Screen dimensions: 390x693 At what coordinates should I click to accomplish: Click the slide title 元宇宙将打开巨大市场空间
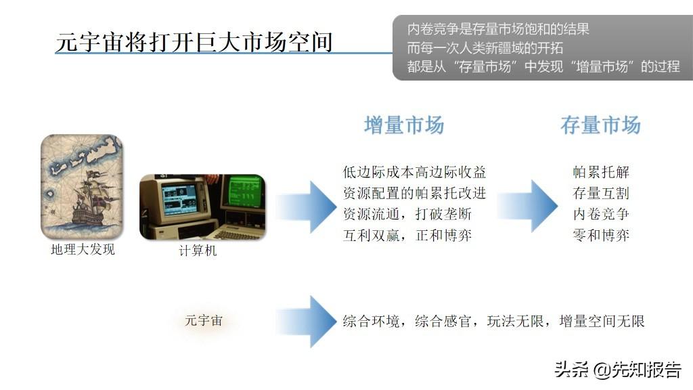click(x=194, y=42)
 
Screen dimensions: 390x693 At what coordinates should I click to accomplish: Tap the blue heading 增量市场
click(x=404, y=125)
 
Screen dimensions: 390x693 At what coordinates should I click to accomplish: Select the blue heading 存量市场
click(x=600, y=125)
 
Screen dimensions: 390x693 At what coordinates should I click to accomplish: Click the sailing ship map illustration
click(x=82, y=186)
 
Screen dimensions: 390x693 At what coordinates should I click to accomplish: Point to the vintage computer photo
click(x=202, y=207)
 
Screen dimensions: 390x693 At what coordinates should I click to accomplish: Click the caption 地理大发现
click(x=83, y=250)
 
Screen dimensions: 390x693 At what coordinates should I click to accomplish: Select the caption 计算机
click(x=198, y=252)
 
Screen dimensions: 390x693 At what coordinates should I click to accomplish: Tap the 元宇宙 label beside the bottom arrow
click(x=204, y=320)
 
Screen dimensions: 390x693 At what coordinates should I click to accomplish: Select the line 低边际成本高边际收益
click(x=414, y=173)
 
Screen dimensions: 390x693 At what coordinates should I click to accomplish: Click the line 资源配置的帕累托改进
click(x=414, y=194)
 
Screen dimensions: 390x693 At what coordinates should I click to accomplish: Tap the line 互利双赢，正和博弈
click(x=407, y=236)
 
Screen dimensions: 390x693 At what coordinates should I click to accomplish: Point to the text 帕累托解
click(x=601, y=173)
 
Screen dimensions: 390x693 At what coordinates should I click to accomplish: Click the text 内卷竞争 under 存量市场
click(x=601, y=215)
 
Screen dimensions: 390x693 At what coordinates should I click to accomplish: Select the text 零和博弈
click(x=601, y=236)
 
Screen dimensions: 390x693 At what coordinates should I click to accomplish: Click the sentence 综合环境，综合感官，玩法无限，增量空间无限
click(x=493, y=321)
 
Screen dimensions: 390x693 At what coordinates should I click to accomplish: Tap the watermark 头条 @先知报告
click(x=617, y=370)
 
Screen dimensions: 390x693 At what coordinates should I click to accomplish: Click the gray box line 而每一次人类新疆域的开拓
click(x=485, y=48)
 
